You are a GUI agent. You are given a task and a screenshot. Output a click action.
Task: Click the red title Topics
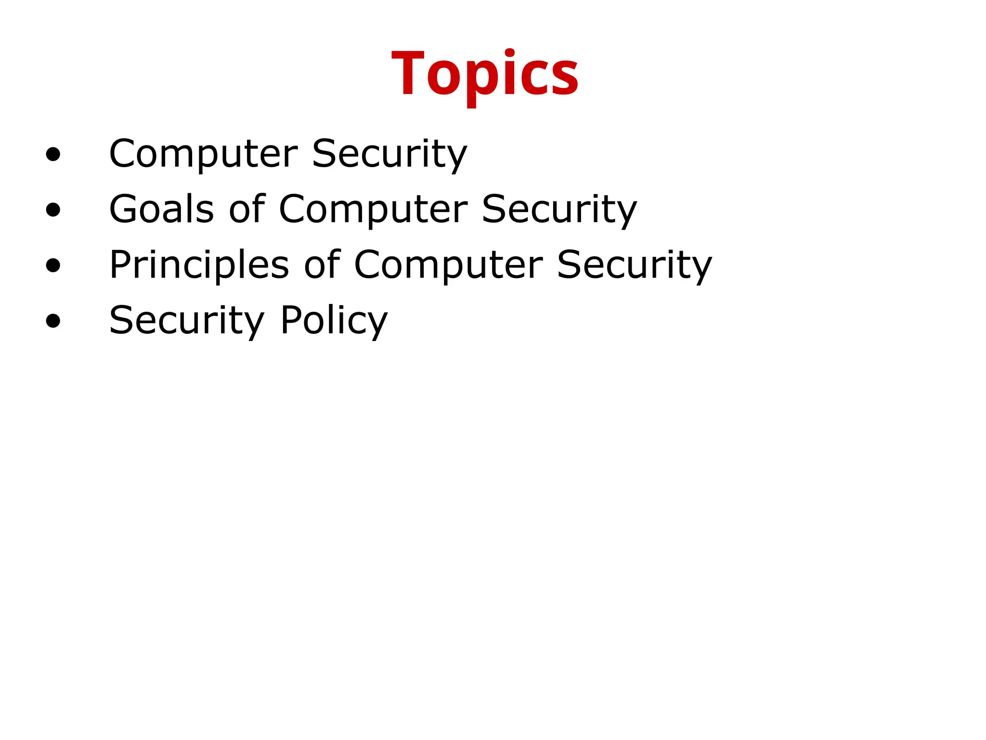pos(485,75)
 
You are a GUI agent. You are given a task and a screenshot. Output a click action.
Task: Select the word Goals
pos(161,209)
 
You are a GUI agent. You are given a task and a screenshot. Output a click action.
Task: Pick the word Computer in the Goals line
pos(373,209)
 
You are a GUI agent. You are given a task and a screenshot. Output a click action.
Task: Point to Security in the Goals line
pos(559,209)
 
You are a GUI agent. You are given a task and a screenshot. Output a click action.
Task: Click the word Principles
pos(199,264)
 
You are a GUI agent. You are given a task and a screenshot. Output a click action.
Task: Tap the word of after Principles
pos(322,264)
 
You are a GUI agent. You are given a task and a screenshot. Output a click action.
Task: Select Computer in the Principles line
pos(448,264)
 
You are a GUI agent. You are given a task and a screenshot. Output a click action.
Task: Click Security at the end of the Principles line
pos(634,264)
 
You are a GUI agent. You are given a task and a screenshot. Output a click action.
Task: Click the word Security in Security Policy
pos(187,320)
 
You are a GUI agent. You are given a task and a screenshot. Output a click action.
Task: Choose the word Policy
pos(334,320)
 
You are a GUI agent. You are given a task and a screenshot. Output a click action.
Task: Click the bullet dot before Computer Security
pos(53,155)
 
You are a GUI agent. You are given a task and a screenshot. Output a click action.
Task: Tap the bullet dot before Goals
pos(53,210)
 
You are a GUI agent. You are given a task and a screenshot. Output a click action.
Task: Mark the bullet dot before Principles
pos(53,265)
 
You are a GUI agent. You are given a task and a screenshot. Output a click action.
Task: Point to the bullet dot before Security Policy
pos(53,321)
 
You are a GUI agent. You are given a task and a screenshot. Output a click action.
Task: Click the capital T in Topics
pos(407,73)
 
